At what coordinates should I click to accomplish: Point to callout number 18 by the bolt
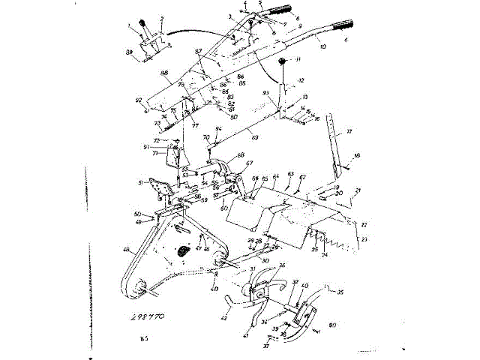coord(358,154)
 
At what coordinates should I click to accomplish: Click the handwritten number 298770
coord(146,317)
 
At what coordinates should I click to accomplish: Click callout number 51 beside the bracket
coord(140,182)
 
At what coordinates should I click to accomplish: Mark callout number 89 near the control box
coord(129,51)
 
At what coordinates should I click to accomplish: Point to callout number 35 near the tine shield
coord(340,292)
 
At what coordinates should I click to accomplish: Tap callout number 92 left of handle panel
coord(139,100)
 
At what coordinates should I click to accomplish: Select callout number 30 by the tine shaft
coord(244,259)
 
